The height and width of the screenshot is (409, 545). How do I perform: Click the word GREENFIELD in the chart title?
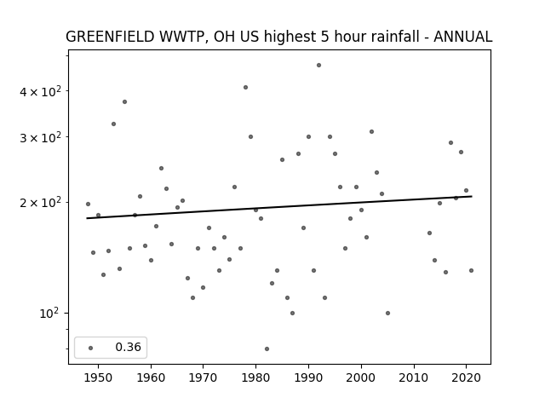(x=110, y=37)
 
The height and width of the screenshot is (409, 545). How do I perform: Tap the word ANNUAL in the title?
(x=463, y=37)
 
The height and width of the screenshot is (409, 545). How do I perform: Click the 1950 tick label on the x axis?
(x=98, y=378)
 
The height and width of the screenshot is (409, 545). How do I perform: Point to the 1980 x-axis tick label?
(x=255, y=378)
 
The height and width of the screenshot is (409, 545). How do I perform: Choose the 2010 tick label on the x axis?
(x=414, y=378)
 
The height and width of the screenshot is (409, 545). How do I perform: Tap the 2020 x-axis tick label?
(x=466, y=378)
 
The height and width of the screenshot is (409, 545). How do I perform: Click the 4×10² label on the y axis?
(x=40, y=91)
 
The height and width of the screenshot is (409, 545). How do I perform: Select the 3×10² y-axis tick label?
(x=40, y=138)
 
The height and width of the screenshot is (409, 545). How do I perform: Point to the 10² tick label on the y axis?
(x=49, y=314)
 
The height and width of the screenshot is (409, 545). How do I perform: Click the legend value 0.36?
(x=128, y=347)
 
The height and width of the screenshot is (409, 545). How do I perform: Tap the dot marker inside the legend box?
(x=91, y=348)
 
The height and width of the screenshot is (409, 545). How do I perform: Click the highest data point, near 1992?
(x=318, y=66)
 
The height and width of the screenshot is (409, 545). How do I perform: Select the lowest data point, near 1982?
(x=267, y=349)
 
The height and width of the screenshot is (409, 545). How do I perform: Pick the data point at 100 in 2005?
(x=388, y=313)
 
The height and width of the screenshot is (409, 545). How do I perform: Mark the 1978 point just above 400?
(x=245, y=87)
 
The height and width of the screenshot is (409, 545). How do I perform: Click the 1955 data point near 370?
(x=124, y=102)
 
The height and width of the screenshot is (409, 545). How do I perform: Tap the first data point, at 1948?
(x=88, y=204)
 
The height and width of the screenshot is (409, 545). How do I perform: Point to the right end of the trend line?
(x=472, y=197)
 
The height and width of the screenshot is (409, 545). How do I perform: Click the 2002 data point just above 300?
(x=371, y=132)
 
